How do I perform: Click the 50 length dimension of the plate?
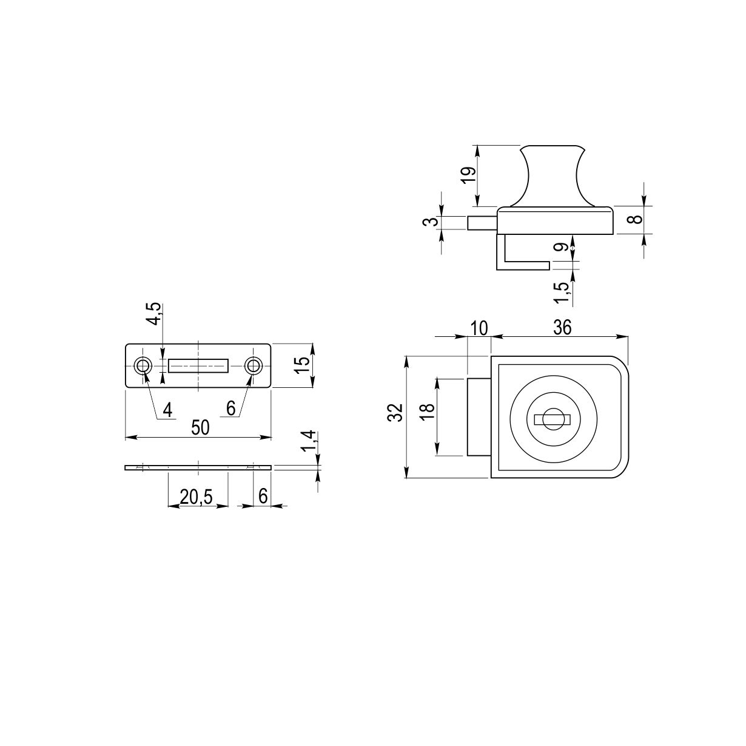pyautogui.click(x=200, y=427)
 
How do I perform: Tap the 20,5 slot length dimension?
pyautogui.click(x=197, y=497)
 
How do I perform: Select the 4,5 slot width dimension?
pyautogui.click(x=155, y=314)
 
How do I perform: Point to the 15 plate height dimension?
pyautogui.click(x=301, y=364)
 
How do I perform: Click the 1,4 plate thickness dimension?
pyautogui.click(x=309, y=441)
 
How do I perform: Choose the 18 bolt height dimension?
pyautogui.click(x=427, y=412)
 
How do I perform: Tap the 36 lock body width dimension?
pyautogui.click(x=562, y=327)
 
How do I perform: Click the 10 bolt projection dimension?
pyautogui.click(x=479, y=328)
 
